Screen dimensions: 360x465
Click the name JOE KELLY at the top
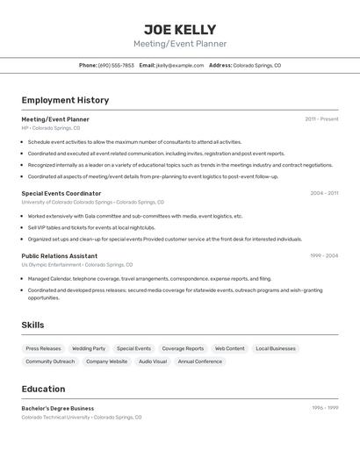[x=179, y=29]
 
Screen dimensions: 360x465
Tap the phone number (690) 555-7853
[x=116, y=65]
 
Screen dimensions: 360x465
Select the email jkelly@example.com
[x=180, y=65]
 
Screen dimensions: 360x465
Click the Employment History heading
[x=65, y=100]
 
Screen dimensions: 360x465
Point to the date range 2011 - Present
[x=321, y=119]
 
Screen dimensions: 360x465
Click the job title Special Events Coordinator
[x=61, y=193]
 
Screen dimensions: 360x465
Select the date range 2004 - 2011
[x=324, y=193]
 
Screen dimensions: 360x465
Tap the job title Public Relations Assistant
[x=60, y=256]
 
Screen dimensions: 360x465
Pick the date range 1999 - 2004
[x=324, y=256]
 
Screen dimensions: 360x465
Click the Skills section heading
[x=33, y=325]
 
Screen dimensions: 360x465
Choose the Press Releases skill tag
[x=44, y=348]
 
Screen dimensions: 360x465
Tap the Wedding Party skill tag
[x=89, y=348]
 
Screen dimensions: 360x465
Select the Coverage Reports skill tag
[x=183, y=348]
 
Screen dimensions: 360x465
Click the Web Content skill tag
[x=230, y=348]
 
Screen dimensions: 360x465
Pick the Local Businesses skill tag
[x=276, y=348]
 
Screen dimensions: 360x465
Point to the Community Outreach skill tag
[x=50, y=361]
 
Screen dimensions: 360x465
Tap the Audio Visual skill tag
[x=153, y=361]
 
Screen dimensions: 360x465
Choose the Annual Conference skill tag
[x=200, y=361]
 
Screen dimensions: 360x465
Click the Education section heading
[x=43, y=389]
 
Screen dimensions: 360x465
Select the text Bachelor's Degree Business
[x=58, y=408]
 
